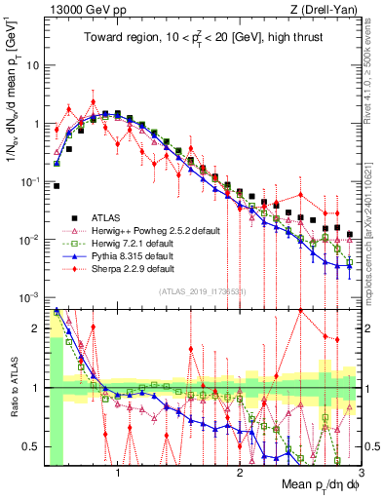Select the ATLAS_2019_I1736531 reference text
pos(202,292)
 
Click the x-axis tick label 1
pos(119,473)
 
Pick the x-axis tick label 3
pos(360,473)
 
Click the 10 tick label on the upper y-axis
pos(31,66)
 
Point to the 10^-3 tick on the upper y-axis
pos(28,297)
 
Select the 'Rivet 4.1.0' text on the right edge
pos(373,68)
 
